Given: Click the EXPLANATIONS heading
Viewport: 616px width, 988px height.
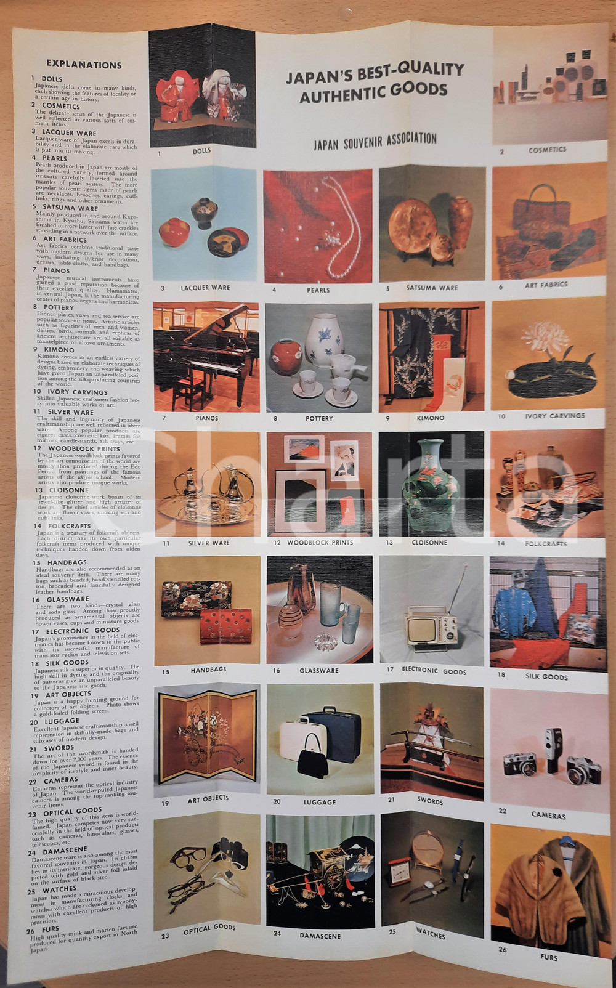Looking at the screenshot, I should tap(84, 64).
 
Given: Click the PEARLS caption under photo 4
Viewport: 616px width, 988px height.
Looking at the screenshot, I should tap(318, 290).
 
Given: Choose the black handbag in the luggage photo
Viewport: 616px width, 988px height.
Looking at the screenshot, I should tap(312, 756).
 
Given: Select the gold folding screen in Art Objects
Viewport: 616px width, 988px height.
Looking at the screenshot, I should tap(206, 736).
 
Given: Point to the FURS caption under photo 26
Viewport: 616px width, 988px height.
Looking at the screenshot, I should tap(548, 957).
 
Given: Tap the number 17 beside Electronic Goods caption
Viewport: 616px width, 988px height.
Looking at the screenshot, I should tap(390, 670).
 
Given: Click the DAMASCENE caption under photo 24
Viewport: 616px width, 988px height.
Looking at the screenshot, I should tap(320, 935).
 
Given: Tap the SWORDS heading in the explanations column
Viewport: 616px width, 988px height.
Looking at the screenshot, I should tap(59, 748).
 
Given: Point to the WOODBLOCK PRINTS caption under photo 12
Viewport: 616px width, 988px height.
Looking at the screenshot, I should tap(320, 543).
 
